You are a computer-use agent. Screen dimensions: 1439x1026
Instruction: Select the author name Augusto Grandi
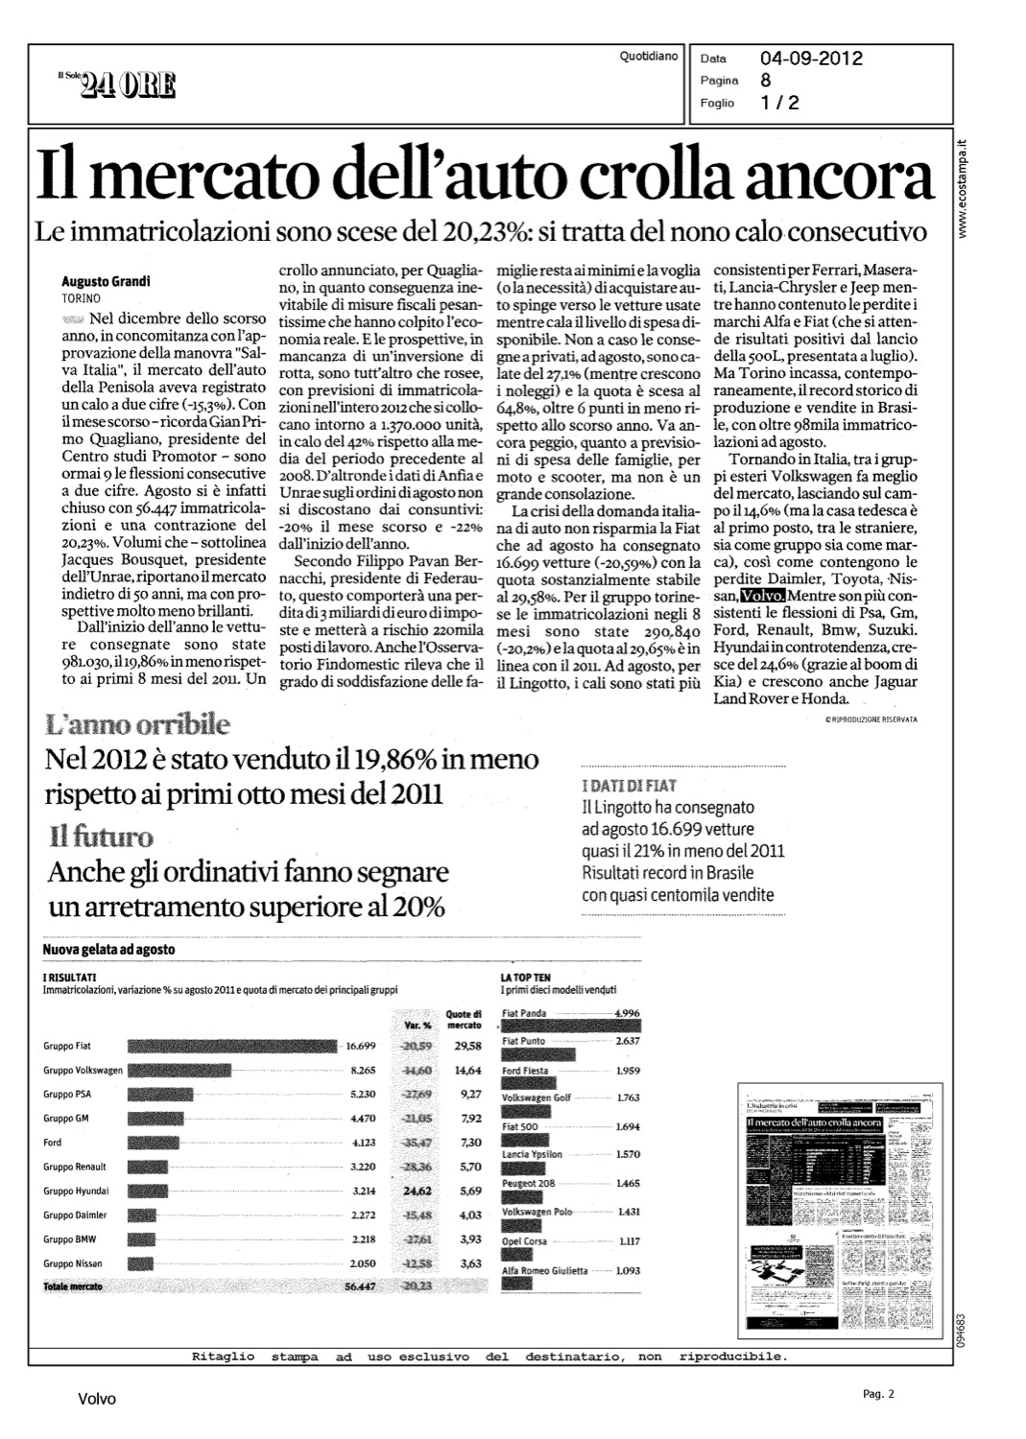click(x=107, y=282)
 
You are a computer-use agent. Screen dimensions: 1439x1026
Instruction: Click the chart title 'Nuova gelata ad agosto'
click(x=108, y=950)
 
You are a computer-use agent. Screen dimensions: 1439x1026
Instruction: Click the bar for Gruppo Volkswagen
click(x=179, y=1070)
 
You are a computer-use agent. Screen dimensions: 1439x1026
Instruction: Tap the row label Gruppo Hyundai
click(x=77, y=1191)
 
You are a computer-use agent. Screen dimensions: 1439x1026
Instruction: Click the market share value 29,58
click(x=468, y=1046)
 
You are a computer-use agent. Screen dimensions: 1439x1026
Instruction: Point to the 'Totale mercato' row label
click(x=73, y=1286)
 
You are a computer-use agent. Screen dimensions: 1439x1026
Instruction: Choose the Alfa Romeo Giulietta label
click(x=545, y=1270)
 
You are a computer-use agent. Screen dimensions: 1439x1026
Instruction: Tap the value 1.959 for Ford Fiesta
click(x=627, y=1071)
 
